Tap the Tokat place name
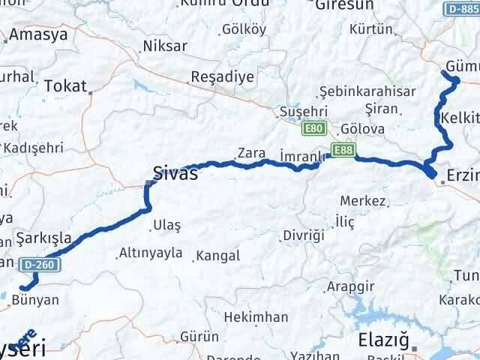65,85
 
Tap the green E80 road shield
313,130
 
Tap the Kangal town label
217,256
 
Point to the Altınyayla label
150,253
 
